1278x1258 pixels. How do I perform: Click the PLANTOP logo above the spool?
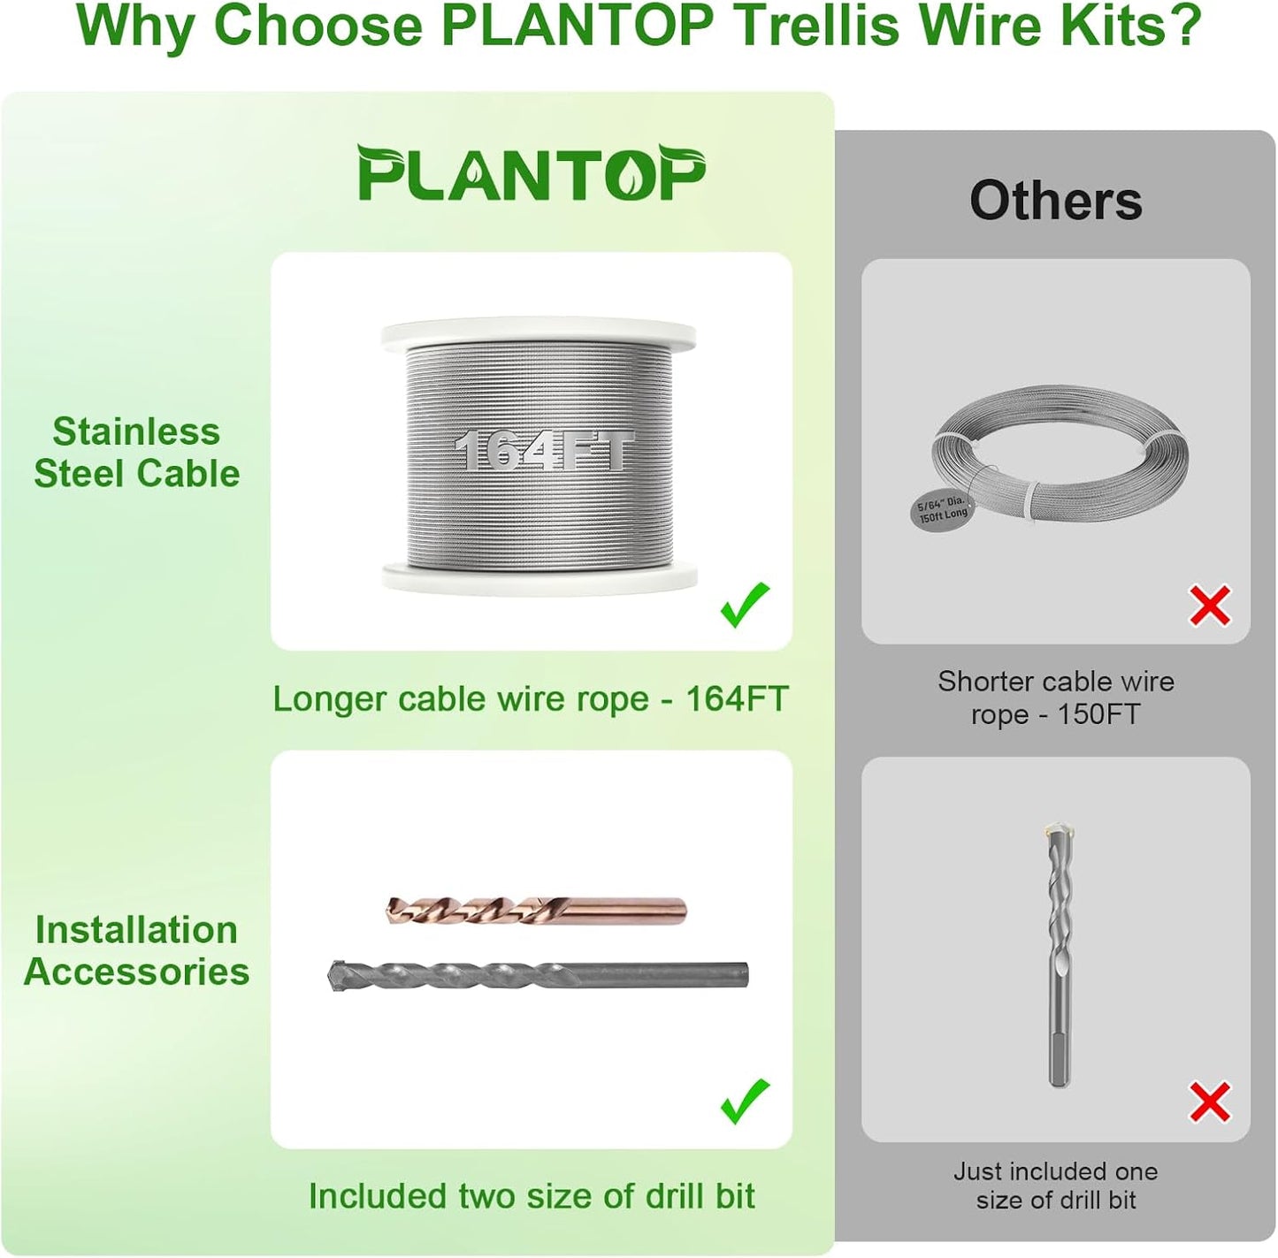click(x=531, y=173)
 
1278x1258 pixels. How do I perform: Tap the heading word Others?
click(x=1055, y=201)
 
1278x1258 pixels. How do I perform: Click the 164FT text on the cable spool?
click(x=544, y=451)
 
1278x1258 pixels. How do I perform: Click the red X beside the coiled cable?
click(x=1209, y=606)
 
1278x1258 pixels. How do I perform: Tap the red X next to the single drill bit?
click(x=1209, y=1102)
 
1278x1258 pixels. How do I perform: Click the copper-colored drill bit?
click(x=536, y=910)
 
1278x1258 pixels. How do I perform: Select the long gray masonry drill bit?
click(x=538, y=975)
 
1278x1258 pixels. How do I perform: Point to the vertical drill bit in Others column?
click(x=1058, y=955)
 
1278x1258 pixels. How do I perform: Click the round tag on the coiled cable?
click(x=942, y=509)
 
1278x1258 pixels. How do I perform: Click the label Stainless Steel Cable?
click(x=136, y=453)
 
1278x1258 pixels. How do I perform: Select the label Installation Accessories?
click(x=136, y=950)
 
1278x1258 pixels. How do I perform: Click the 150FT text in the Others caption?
click(x=1098, y=714)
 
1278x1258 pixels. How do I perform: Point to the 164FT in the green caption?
click(x=736, y=699)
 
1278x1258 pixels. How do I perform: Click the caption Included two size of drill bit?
click(x=531, y=1196)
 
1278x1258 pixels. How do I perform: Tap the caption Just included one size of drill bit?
click(x=1055, y=1186)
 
